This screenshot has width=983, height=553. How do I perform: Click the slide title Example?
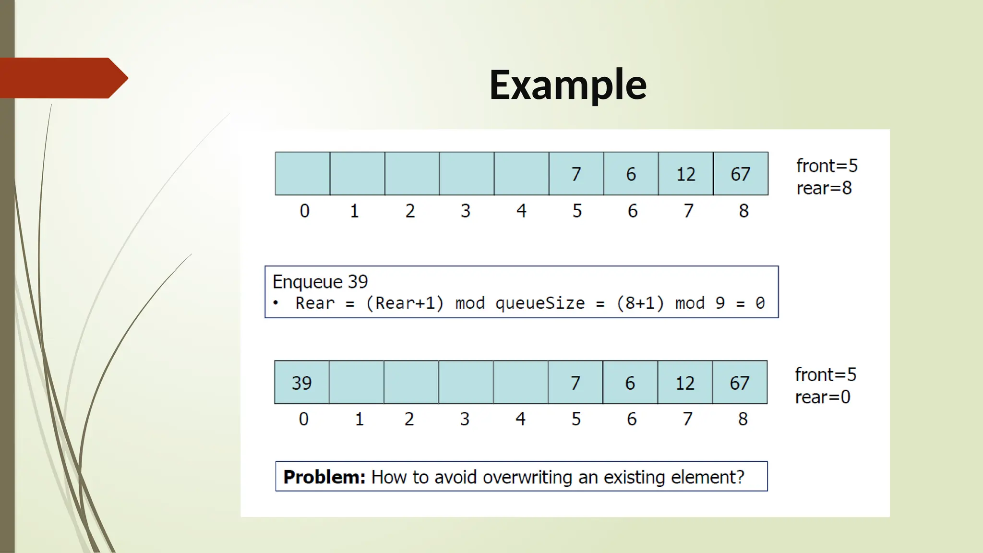(568, 84)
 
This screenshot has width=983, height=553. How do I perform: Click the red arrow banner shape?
(62, 78)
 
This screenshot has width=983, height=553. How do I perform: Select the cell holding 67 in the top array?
(740, 174)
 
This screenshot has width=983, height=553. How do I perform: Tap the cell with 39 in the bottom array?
(301, 383)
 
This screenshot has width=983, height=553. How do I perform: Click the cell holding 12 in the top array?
(685, 174)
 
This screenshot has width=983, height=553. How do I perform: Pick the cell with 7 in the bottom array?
(575, 383)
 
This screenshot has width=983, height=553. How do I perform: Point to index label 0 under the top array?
(304, 211)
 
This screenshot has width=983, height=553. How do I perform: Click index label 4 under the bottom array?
(520, 419)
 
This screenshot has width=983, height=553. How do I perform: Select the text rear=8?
(824, 188)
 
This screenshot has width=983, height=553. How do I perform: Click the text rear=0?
(822, 397)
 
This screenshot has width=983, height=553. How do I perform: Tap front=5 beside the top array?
(827, 166)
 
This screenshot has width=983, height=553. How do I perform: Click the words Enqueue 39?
(320, 281)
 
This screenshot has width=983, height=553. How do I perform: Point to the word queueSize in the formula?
(540, 303)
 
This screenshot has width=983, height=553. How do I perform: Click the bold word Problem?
(324, 477)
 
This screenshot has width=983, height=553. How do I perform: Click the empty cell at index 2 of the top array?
(412, 174)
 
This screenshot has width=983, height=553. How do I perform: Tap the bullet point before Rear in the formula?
(276, 303)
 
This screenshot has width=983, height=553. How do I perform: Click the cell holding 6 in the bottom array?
(630, 383)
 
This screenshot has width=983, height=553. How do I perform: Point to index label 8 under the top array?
(743, 211)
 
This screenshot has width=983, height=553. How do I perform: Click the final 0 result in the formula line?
(760, 303)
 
